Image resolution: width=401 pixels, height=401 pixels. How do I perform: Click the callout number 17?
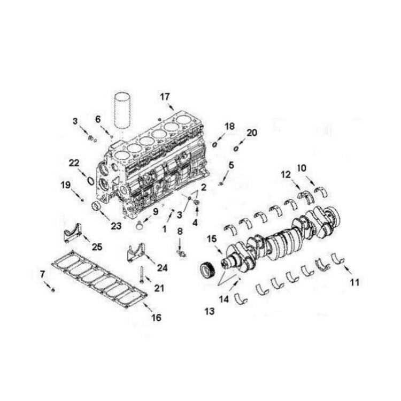pyautogui.click(x=165, y=97)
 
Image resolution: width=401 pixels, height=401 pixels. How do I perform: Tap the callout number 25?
pyautogui.click(x=97, y=247)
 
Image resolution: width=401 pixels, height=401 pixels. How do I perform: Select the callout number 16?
pyautogui.click(x=157, y=318)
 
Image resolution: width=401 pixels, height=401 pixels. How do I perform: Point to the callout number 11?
pyautogui.click(x=354, y=282)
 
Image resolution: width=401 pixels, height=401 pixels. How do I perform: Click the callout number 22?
pyautogui.click(x=74, y=163)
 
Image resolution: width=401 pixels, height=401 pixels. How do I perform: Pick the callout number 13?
pyautogui.click(x=210, y=312)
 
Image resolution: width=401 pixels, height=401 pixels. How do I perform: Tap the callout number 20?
pyautogui.click(x=252, y=133)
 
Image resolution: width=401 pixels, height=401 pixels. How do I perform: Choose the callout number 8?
pyautogui.click(x=180, y=232)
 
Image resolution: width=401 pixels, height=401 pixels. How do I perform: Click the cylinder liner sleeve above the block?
pyautogui.click(x=122, y=111)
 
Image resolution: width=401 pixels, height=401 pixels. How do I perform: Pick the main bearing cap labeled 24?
pyautogui.click(x=136, y=253)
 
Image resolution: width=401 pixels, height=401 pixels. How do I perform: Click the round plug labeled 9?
pyautogui.click(x=140, y=226)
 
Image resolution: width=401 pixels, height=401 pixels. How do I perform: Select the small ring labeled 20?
pyautogui.click(x=236, y=148)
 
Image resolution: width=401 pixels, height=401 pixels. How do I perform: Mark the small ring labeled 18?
pyautogui.click(x=215, y=145)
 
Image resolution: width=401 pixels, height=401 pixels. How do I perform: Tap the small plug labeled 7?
pyautogui.click(x=53, y=290)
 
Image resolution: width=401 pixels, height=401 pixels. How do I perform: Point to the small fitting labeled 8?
pyautogui.click(x=182, y=253)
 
